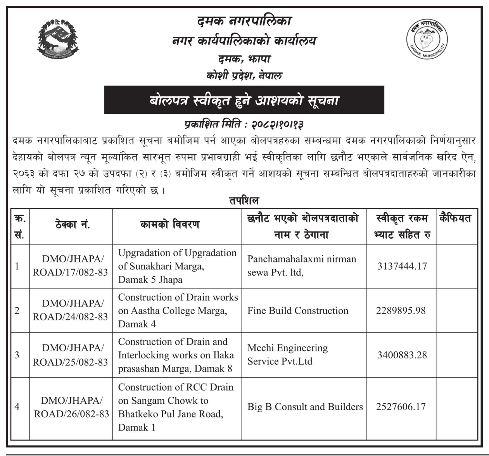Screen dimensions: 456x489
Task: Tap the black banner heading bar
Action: (x=244, y=100)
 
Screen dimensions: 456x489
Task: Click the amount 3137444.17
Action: (x=402, y=266)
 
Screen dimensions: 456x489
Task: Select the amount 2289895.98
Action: (x=401, y=310)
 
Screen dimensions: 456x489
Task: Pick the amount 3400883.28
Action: (x=402, y=354)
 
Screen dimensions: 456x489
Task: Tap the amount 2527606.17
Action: (x=401, y=407)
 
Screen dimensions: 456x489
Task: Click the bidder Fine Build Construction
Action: (x=298, y=310)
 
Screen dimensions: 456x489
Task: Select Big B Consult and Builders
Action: (x=305, y=407)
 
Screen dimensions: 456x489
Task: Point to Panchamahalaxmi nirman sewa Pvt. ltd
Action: (x=301, y=266)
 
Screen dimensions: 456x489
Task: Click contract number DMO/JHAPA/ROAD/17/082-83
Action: (x=71, y=266)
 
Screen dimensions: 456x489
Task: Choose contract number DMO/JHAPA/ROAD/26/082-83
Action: (x=71, y=407)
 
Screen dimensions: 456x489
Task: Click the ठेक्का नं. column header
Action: (x=73, y=225)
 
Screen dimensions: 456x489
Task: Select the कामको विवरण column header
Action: (x=170, y=225)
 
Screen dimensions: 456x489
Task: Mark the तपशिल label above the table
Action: (x=244, y=201)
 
